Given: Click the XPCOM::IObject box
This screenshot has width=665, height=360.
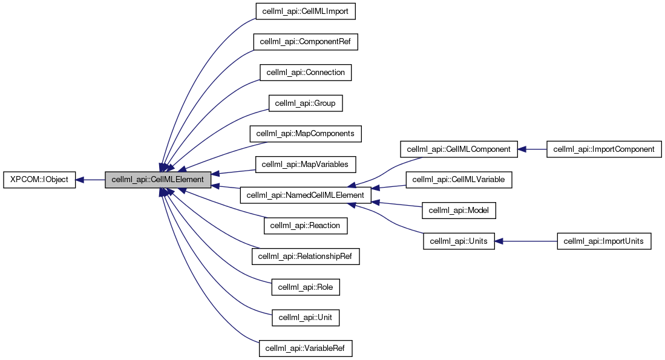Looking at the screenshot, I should pos(40,180).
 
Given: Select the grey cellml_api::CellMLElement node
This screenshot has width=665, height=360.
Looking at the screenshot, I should pos(159,180).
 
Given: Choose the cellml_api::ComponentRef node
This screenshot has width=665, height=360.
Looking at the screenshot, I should pos(306,41).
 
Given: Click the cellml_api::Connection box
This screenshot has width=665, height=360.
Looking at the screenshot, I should pos(306,72).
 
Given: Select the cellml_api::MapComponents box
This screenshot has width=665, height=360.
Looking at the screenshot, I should pos(306,134).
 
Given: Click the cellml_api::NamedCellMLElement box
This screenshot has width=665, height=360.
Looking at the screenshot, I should pos(306,195).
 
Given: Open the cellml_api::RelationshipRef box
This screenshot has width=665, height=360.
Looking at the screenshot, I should pos(306,257).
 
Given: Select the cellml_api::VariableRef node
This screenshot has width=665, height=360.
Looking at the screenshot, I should pos(306,349).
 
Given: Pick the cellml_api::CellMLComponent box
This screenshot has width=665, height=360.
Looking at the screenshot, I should pos(459,149).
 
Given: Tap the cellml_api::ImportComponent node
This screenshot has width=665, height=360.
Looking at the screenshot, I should pos(604,149).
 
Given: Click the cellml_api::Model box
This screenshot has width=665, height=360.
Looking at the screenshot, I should pos(459,211).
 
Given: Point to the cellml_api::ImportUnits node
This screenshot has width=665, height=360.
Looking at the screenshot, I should pos(604,241).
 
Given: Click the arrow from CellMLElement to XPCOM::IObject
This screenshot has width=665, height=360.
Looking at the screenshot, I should pos(91,180).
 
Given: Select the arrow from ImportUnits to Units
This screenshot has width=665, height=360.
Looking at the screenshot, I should pos(526,241).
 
